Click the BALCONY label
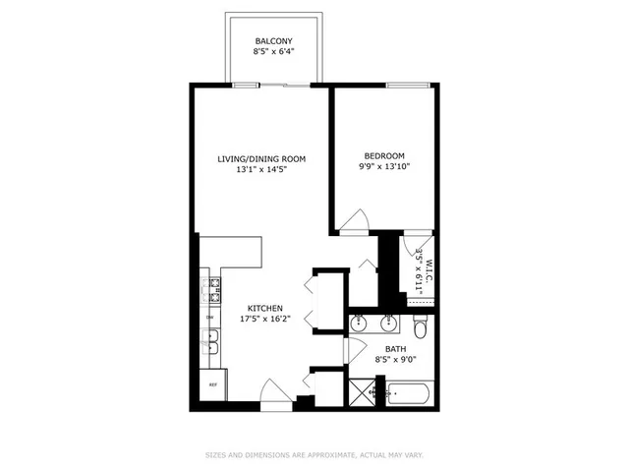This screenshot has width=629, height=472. [x=272, y=42]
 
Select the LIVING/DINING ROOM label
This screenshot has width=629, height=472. [x=261, y=158]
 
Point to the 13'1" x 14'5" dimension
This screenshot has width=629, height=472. [x=261, y=169]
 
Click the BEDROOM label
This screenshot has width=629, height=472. [x=383, y=155]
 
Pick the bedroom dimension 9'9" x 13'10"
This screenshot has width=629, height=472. [x=383, y=166]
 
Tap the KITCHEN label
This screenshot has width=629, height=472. [x=265, y=307]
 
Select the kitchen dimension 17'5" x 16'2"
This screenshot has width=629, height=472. [x=265, y=319]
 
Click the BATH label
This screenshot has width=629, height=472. [x=394, y=349]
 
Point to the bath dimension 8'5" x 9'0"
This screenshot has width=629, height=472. [x=394, y=360]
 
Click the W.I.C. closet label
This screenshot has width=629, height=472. [x=420, y=265]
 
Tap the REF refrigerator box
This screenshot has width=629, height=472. [x=211, y=384]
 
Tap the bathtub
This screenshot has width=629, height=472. [x=405, y=396]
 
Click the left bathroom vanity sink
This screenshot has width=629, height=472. [x=361, y=322]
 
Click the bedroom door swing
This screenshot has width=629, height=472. [x=358, y=222]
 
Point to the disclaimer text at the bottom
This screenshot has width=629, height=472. [x=314, y=454]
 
